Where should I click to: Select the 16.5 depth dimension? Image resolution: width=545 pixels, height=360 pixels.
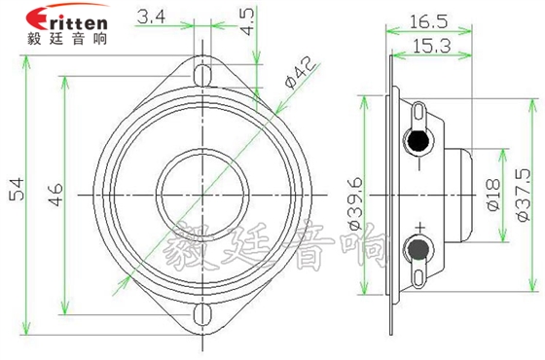point(429,18)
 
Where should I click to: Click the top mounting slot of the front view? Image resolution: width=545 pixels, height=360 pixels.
point(203,74)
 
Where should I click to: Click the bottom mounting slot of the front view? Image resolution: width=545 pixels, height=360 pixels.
point(203,314)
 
